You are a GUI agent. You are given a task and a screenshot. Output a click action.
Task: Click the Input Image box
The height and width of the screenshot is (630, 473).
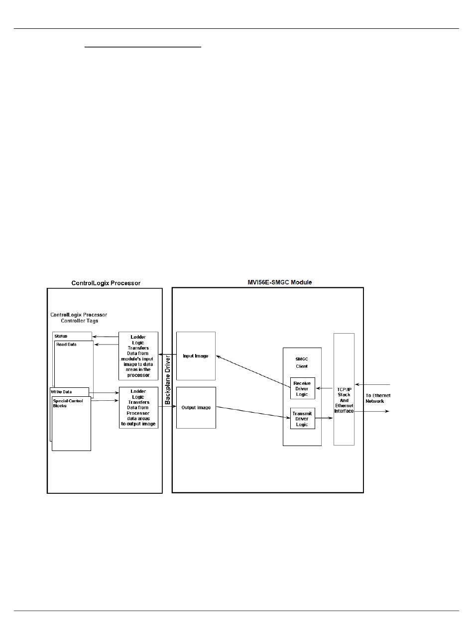[x=196, y=356]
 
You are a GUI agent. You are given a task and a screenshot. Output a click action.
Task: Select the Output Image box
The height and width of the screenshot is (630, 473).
[x=196, y=407]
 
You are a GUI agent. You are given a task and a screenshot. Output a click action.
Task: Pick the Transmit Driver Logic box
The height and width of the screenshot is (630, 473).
[x=303, y=418]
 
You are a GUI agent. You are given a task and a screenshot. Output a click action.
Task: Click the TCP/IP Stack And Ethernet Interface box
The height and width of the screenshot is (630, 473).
[x=344, y=389]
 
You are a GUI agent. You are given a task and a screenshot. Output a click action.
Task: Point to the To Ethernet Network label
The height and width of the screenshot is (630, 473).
[x=378, y=398]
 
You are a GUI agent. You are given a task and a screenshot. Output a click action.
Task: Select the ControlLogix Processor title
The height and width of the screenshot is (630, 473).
[x=106, y=283]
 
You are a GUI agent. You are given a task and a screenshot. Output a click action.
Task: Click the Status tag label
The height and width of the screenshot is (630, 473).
[x=62, y=337]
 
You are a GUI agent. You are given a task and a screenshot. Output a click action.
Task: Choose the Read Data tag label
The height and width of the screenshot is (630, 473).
[x=66, y=345]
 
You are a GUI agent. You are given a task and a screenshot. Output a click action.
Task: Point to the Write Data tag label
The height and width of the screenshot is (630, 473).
[x=61, y=392]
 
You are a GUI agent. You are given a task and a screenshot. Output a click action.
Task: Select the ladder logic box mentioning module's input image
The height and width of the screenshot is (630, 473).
[x=138, y=356]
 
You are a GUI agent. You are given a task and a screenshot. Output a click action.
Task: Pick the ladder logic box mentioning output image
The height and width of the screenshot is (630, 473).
[x=138, y=407]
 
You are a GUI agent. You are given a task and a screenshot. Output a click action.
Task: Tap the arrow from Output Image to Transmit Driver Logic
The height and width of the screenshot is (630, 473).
[x=253, y=413]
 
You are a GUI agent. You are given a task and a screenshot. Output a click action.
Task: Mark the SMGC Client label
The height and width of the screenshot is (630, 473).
[x=302, y=362]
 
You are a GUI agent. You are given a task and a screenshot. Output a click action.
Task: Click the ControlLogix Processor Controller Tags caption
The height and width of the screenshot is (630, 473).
[x=79, y=318]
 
